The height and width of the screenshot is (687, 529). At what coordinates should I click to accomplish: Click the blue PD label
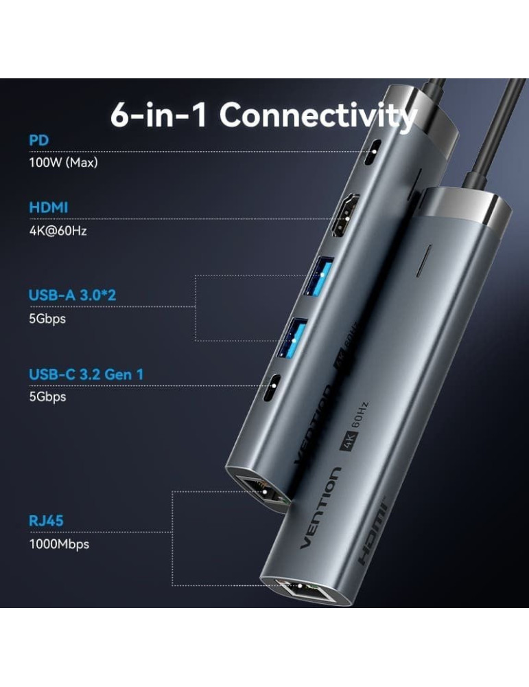[38, 140]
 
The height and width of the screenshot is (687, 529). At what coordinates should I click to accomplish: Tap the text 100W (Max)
[63, 163]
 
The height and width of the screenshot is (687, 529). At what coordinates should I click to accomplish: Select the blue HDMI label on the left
[48, 207]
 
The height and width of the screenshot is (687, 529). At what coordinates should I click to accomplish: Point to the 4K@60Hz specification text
[58, 230]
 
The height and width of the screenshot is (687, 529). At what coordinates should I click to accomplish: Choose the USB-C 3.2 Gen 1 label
[86, 374]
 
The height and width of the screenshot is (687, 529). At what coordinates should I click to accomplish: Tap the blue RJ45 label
[46, 520]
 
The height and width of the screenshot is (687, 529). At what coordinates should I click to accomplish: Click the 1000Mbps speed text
[59, 544]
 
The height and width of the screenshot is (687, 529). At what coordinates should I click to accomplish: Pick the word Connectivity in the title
[318, 115]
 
